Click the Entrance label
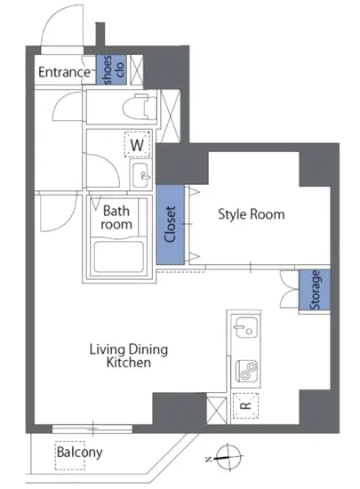point(64,72)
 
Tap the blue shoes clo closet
point(111,70)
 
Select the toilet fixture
point(140,107)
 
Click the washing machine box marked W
point(138,144)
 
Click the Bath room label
point(116,218)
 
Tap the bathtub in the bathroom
point(119,256)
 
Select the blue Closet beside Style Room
point(170,225)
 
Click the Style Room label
point(252,214)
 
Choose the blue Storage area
point(315,290)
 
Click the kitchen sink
point(246,327)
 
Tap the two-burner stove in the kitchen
point(246,371)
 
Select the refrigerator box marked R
point(246,405)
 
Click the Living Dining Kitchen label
point(129,356)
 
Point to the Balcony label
point(79,453)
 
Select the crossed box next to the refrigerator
point(217,410)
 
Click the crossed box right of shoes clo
point(137,70)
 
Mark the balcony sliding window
point(92,429)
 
